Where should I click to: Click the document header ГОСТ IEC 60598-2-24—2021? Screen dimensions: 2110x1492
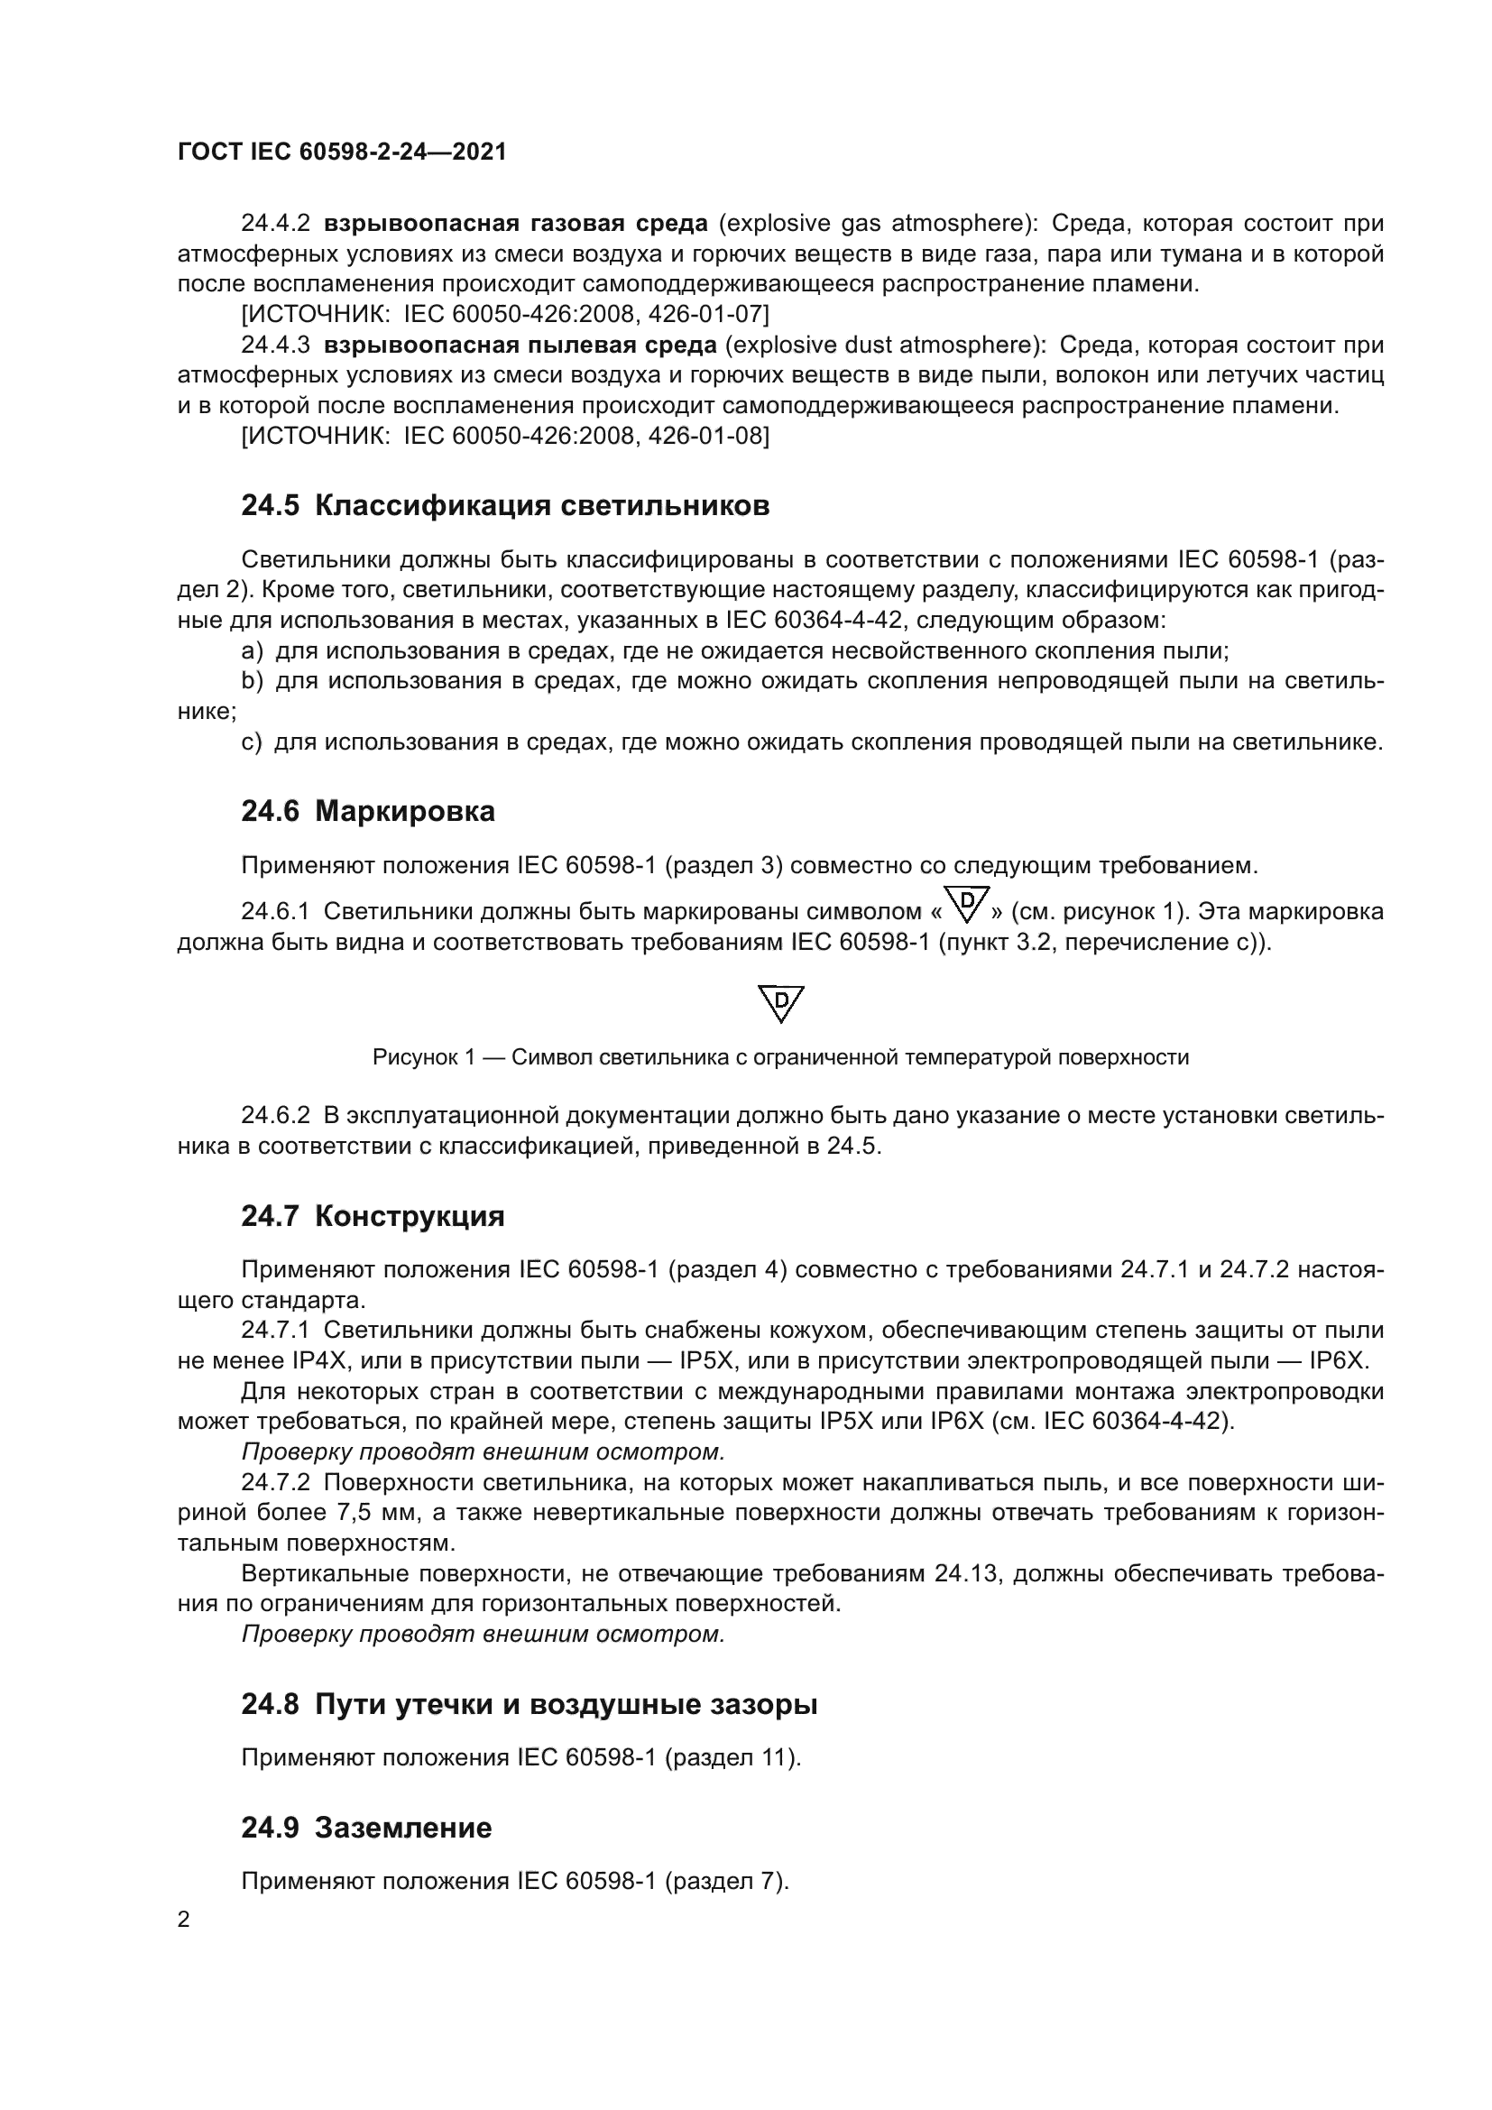pos(342,152)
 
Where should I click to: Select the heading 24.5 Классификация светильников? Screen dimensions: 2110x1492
pos(505,505)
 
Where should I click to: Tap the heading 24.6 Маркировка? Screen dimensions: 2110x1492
pos(367,811)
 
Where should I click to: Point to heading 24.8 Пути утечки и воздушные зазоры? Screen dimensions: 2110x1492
pos(530,1704)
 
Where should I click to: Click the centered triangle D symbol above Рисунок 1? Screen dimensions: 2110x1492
pos(781,1003)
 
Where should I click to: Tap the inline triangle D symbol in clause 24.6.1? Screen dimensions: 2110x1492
pos(967,904)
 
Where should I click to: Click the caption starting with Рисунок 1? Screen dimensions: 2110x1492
pos(780,1058)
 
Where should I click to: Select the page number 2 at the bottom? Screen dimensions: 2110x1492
pos(184,1920)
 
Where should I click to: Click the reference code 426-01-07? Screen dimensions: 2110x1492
pos(705,314)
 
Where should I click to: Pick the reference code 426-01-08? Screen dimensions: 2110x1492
pos(705,436)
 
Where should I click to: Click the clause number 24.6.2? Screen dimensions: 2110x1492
pos(277,1116)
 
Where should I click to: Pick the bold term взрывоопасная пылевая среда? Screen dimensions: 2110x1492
pos(520,345)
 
